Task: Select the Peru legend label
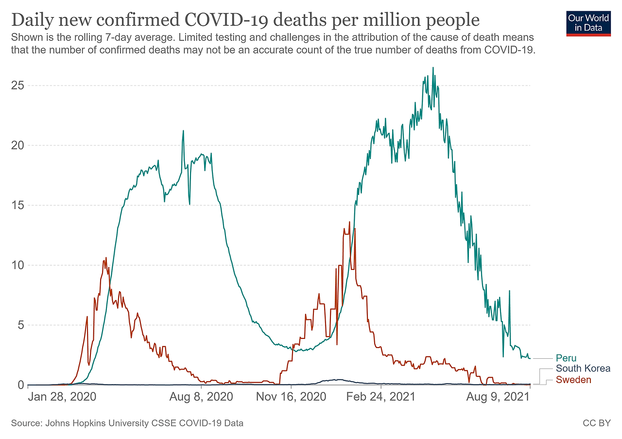tap(566, 358)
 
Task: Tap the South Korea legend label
tap(583, 369)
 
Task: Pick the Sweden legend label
tap(573, 380)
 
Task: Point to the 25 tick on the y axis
tap(18, 86)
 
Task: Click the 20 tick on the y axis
tap(18, 145)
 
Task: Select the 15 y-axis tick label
tap(18, 205)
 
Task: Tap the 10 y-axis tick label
tap(18, 265)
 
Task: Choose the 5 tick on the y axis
tap(21, 325)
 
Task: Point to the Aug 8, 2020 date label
tap(201, 397)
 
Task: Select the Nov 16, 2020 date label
tap(291, 397)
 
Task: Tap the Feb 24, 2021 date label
tap(380, 397)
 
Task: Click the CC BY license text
tap(596, 423)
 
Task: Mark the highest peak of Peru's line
tap(433, 68)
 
